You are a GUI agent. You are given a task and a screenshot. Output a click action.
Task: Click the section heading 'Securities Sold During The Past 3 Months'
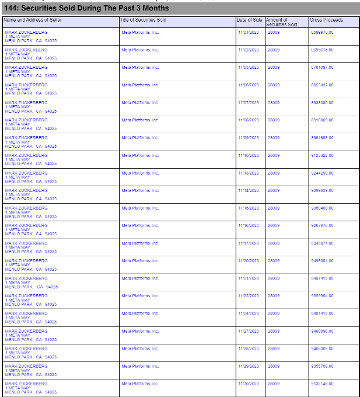click(x=86, y=8)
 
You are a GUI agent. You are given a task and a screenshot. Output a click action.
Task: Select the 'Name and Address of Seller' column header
click(x=33, y=20)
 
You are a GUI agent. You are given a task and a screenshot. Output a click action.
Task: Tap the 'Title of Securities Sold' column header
click(x=144, y=20)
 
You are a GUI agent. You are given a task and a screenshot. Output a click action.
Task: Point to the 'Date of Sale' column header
click(x=250, y=20)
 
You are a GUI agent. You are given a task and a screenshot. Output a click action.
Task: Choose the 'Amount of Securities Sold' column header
click(x=281, y=22)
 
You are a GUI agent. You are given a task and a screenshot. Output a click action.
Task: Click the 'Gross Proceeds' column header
click(x=327, y=20)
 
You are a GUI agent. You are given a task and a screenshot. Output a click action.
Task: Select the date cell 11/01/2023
click(x=249, y=32)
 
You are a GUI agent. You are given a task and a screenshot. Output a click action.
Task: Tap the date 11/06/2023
click(x=249, y=85)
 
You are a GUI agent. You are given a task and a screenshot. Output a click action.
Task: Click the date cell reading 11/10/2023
click(x=249, y=155)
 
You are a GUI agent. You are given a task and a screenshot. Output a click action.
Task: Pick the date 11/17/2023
click(x=249, y=243)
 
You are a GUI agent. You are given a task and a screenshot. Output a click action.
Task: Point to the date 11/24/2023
click(x=249, y=314)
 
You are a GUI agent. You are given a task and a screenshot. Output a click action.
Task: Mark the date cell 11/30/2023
click(x=249, y=384)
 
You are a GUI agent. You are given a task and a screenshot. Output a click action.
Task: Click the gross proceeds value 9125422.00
click(x=322, y=155)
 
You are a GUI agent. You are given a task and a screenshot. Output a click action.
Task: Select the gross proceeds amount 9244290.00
click(x=322, y=173)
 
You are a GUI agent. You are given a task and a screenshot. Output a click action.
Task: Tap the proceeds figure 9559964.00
click(x=322, y=296)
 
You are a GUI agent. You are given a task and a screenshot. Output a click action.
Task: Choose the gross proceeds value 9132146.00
click(x=322, y=384)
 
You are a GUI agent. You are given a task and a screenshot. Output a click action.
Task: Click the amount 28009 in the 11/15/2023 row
click(x=274, y=208)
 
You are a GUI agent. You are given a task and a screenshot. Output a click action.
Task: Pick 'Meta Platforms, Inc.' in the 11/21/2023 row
click(x=140, y=278)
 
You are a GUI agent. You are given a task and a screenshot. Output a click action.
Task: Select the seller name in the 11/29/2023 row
click(x=26, y=366)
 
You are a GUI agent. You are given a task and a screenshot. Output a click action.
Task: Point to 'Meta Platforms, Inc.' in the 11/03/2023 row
click(x=140, y=68)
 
